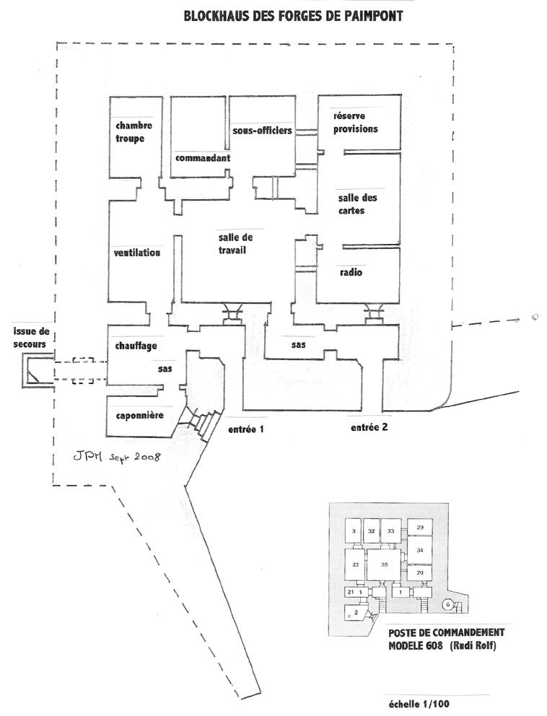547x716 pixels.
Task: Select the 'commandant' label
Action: [x=203, y=157]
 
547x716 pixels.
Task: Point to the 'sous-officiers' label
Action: [x=262, y=131]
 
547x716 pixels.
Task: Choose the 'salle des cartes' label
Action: [x=358, y=204]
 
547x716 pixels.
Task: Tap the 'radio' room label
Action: [x=351, y=274]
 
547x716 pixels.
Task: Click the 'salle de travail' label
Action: [x=232, y=244]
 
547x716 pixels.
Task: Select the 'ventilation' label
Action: [x=137, y=253]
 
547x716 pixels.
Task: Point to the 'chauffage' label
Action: [x=136, y=346]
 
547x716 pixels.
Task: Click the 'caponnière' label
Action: [x=139, y=416]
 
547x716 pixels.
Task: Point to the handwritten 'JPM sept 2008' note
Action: [x=116, y=456]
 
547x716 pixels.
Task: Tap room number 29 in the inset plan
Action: [x=419, y=528]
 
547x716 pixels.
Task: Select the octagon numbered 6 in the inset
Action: [x=447, y=603]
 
